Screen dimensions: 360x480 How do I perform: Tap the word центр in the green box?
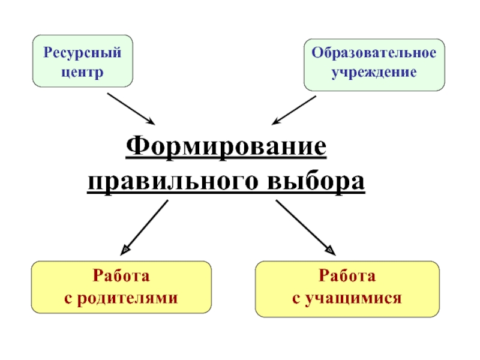(x=82, y=72)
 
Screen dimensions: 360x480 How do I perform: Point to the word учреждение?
(x=374, y=72)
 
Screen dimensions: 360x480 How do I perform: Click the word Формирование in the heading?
(x=226, y=146)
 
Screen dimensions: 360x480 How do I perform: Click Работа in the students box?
(x=347, y=277)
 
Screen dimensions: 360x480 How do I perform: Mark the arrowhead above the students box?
(x=331, y=249)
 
